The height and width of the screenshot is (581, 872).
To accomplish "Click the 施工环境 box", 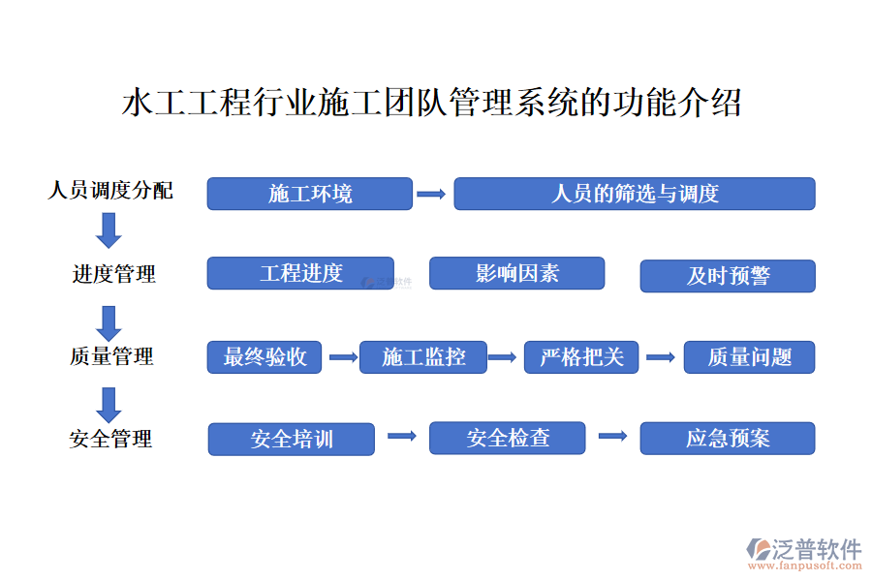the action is [310, 194].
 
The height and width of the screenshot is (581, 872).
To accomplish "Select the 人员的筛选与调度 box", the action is [635, 194].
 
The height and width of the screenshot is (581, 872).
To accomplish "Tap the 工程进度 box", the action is [300, 273].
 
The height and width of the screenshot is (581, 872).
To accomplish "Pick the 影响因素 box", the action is [516, 273].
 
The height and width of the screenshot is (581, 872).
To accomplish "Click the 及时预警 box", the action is [728, 276].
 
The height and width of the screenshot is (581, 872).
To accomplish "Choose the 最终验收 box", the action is [265, 357].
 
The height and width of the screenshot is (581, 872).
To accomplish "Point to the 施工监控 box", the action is [423, 357].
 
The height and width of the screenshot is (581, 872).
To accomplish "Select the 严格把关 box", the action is [581, 357].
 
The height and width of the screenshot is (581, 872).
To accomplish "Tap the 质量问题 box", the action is [749, 357].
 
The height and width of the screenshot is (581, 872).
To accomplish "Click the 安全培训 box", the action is [292, 440].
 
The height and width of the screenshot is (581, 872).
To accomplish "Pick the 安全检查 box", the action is [507, 438].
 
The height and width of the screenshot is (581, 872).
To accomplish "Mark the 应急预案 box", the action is [728, 439].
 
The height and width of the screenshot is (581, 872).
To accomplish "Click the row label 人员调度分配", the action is [110, 190].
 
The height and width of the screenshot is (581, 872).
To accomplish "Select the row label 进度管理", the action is [114, 274].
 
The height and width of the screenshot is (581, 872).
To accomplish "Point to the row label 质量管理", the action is [111, 356].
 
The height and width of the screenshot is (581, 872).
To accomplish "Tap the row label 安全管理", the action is [110, 439].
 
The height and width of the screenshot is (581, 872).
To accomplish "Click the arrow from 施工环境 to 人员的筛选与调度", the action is [431, 194].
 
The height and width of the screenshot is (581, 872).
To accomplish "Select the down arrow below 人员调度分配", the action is [109, 230].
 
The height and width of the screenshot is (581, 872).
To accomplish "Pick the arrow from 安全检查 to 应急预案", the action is [613, 437].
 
